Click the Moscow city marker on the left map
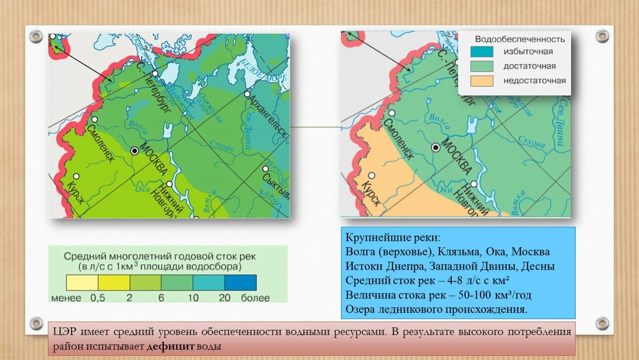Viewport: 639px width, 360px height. pyautogui.click(x=135, y=151)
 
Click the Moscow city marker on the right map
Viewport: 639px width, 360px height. pyautogui.click(x=436, y=147)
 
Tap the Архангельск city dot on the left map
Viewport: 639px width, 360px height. pyautogui.click(x=248, y=94)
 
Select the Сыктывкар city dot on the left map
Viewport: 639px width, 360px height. pyautogui.click(x=266, y=169)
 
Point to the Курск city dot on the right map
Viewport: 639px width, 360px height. pyautogui.click(x=371, y=175)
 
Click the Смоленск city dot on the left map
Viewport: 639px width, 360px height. pyautogui.click(x=95, y=120)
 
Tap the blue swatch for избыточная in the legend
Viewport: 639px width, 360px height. pyautogui.click(x=481, y=52)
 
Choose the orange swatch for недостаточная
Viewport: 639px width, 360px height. pyautogui.click(x=481, y=80)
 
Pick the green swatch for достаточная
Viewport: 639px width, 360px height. pyautogui.click(x=481, y=66)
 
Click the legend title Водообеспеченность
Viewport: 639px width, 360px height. pyautogui.click(x=520, y=39)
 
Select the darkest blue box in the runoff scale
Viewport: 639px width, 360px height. pyautogui.click(x=241, y=282)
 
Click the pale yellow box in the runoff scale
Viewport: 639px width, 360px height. pyautogui.click(x=82, y=282)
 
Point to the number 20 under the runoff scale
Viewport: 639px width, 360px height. pyautogui.click(x=224, y=298)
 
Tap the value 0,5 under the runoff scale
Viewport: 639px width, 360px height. pyautogui.click(x=98, y=298)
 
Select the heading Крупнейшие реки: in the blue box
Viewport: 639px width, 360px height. pyautogui.click(x=393, y=237)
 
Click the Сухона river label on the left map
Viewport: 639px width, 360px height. pyautogui.click(x=222, y=146)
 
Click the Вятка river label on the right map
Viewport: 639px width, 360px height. pyautogui.click(x=518, y=202)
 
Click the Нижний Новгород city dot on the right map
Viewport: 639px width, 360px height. pyautogui.click(x=474, y=184)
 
